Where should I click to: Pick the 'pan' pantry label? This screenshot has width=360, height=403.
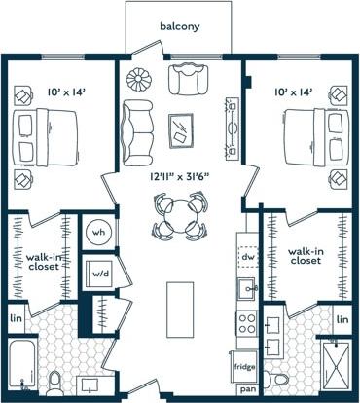pos(248,389)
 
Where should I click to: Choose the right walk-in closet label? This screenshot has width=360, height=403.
pos(306,255)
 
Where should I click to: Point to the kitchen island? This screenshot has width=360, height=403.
pos(177,309)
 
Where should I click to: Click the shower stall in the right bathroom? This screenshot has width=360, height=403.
pos(336,364)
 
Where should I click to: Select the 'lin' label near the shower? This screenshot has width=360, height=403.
pos(342,318)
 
